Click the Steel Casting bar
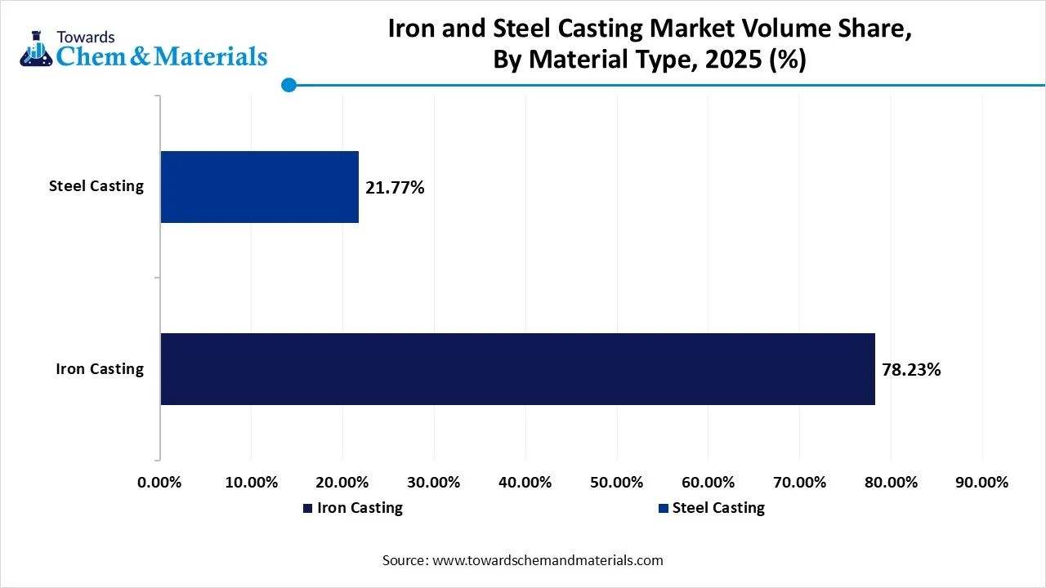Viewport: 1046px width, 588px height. (x=259, y=187)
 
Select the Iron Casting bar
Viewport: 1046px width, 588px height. (x=517, y=369)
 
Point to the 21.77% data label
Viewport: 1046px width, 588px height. (x=395, y=188)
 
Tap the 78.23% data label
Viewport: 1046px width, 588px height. (x=911, y=370)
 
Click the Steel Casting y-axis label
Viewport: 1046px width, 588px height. (x=96, y=186)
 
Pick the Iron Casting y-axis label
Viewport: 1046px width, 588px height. (x=99, y=369)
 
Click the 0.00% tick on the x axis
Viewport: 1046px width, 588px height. (x=159, y=483)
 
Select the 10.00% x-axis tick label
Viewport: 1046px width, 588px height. (x=251, y=483)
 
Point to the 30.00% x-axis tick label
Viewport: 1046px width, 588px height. (x=434, y=483)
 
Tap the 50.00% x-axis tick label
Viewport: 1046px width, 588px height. (x=617, y=483)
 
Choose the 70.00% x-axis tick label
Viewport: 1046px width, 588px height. (x=799, y=483)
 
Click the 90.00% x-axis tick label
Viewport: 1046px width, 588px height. (x=982, y=483)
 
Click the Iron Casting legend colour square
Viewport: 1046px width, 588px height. (x=307, y=509)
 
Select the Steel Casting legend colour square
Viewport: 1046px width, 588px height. (x=664, y=509)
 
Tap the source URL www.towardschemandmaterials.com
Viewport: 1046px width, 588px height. (x=548, y=561)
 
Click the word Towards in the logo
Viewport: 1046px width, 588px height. (x=86, y=37)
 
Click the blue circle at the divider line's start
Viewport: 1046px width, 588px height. (x=288, y=85)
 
